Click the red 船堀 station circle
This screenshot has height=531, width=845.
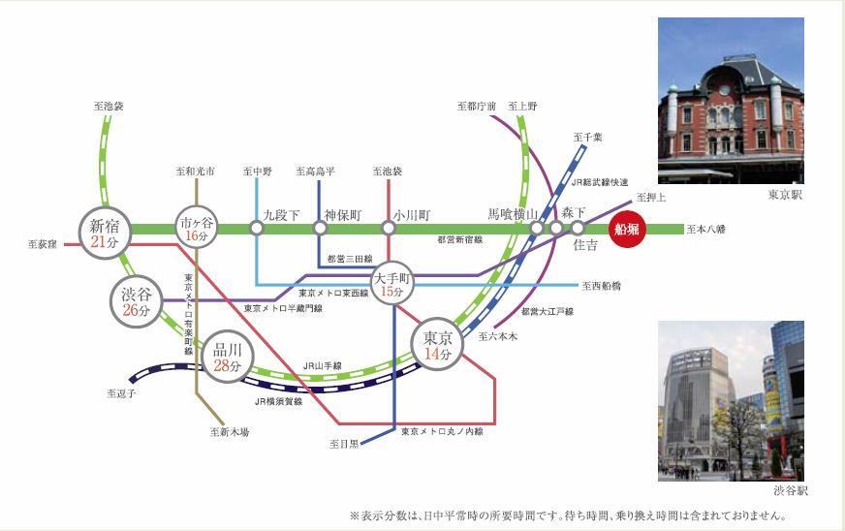625,230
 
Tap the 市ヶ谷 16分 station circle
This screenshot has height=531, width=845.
197,229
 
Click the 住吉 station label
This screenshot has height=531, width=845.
585,245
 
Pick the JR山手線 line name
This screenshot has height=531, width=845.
322,365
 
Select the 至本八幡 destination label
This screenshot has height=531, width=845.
705,230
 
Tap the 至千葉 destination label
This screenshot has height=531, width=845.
587,138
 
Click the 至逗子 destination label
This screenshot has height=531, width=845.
121,393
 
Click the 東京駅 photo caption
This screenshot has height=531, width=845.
786,196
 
